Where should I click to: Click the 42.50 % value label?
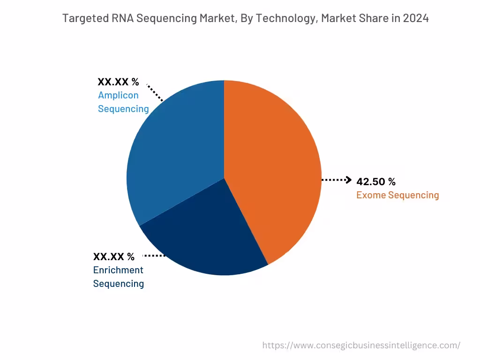point(376,182)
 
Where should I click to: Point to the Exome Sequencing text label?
point(397,195)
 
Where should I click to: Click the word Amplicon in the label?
point(118,95)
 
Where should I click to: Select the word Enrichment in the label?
point(118,270)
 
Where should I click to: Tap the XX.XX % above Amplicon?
point(118,82)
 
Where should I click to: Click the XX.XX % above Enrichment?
point(114,257)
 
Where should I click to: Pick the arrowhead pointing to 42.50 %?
point(348,180)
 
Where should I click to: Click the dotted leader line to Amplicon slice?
point(155,93)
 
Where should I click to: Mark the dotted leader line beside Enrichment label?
point(154,256)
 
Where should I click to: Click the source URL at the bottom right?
point(361,345)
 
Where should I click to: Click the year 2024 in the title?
point(416,18)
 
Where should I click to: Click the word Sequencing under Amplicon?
point(123,109)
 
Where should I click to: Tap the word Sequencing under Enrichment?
point(119,284)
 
